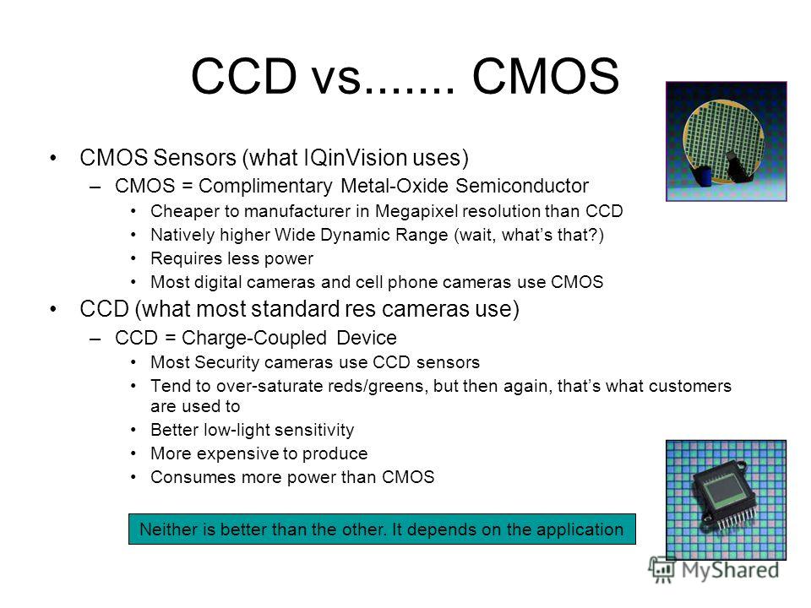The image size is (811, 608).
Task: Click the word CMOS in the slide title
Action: click(546, 76)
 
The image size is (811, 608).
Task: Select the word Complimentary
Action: click(265, 186)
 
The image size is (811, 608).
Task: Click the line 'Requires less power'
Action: click(231, 258)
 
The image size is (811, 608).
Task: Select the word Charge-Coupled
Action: click(254, 338)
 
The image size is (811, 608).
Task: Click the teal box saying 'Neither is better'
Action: click(382, 529)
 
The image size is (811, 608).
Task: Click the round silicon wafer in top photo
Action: click(722, 140)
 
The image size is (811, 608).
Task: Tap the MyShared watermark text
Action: click(730, 570)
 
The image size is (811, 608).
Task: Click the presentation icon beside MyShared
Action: click(661, 569)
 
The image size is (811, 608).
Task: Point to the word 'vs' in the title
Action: click(335, 78)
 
